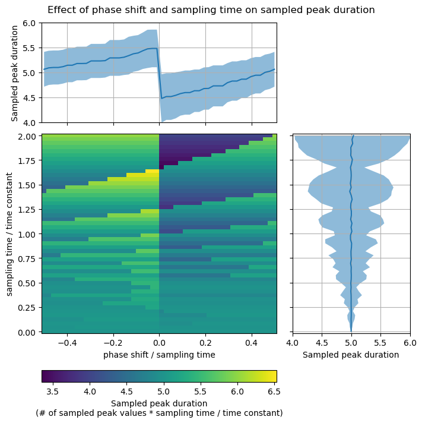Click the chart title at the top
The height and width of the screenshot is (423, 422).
point(211,10)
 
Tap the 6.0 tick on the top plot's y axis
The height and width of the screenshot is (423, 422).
point(30,23)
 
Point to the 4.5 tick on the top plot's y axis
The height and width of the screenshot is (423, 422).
point(30,97)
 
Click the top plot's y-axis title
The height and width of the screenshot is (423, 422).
point(15,72)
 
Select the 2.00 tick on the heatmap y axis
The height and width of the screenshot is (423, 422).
point(27,136)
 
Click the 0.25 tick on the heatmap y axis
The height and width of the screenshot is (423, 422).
point(27,307)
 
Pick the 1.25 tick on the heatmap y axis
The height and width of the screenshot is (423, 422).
point(27,210)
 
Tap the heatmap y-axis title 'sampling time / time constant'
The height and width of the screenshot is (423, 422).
point(9,234)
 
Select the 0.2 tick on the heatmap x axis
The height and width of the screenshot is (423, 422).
point(205,343)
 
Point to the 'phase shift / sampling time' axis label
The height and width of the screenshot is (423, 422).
point(159,355)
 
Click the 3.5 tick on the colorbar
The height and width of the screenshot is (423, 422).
point(53,392)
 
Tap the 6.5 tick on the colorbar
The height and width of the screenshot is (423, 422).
point(274,392)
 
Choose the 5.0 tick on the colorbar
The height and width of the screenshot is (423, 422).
point(163,392)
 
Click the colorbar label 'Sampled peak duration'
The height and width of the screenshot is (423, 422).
point(159,403)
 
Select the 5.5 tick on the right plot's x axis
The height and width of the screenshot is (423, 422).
point(380,343)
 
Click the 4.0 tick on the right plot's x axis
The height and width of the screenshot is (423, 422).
point(293,343)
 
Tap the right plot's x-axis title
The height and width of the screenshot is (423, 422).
point(351,355)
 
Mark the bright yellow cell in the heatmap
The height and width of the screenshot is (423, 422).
point(152,171)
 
